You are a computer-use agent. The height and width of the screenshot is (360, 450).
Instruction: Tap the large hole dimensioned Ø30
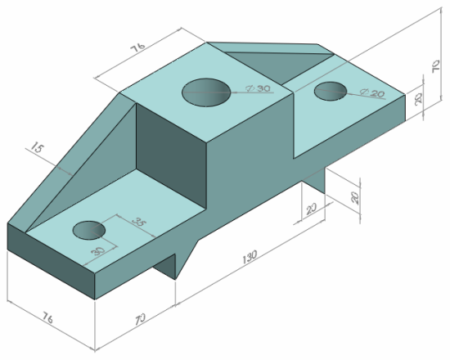[205, 92]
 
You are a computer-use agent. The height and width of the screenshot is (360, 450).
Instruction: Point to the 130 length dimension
[250, 257]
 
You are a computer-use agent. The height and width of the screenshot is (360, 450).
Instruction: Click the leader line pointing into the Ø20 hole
[352, 93]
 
